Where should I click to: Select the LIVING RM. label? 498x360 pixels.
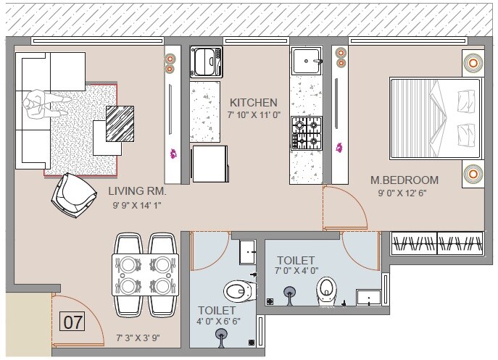[x=138, y=192]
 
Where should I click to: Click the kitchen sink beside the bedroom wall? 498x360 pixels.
[x=307, y=63]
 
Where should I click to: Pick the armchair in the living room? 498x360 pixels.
[x=75, y=192]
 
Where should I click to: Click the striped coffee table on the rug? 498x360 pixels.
[x=120, y=122]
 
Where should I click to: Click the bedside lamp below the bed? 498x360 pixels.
[x=471, y=174]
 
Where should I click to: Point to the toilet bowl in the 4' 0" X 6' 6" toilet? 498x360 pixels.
[x=234, y=291]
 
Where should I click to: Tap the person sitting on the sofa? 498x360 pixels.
[x=40, y=107]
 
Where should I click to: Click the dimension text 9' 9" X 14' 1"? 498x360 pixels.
[x=138, y=206]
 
